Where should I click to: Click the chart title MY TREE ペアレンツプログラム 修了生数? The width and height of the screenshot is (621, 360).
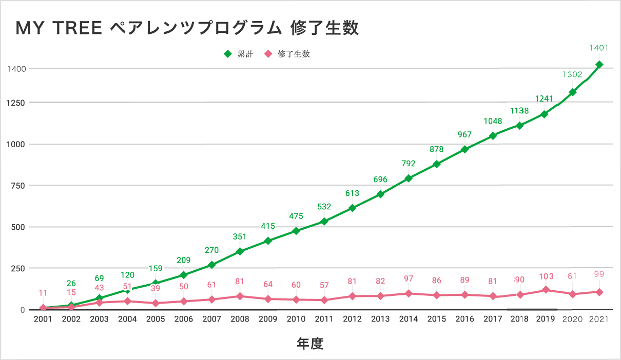click(x=187, y=28)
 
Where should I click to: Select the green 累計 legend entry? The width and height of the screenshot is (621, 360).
click(x=239, y=54)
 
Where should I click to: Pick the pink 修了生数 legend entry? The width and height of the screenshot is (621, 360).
click(x=288, y=54)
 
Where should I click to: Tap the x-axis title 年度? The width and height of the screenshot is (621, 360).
click(x=310, y=343)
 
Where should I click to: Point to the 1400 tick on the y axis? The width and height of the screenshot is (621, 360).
click(x=17, y=68)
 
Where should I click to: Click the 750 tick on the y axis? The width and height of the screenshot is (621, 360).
click(x=19, y=186)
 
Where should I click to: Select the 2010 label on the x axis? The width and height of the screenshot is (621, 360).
click(x=296, y=319)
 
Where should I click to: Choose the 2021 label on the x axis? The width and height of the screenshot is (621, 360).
click(x=598, y=319)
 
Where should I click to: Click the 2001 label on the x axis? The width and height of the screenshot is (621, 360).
click(x=43, y=319)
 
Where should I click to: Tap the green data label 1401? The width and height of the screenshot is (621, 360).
click(x=598, y=48)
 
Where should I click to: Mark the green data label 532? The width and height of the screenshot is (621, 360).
click(x=324, y=207)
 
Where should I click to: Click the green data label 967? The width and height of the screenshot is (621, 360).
click(x=464, y=134)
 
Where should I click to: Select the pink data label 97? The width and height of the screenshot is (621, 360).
click(x=409, y=278)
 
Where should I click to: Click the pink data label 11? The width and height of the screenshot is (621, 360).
click(x=43, y=293)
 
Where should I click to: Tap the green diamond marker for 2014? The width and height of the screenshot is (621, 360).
click(x=409, y=178)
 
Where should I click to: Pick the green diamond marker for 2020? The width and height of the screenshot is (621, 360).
click(x=572, y=92)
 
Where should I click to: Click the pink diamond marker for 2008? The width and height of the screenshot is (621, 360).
click(x=240, y=296)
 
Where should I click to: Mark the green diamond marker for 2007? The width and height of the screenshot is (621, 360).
click(x=211, y=265)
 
